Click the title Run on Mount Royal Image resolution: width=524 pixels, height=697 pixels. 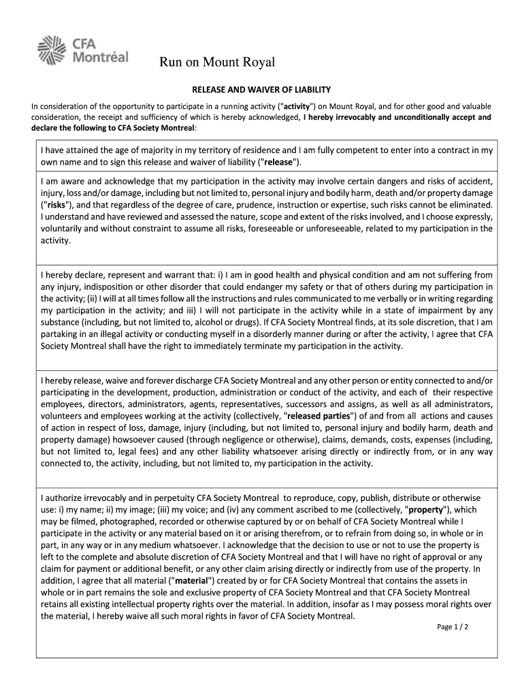tap(217, 63)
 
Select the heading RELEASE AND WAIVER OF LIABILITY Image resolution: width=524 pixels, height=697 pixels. tap(261, 89)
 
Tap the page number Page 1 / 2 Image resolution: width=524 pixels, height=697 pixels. tap(453, 627)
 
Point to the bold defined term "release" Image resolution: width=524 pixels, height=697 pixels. tap(279, 161)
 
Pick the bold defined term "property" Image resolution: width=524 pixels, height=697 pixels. tap(425, 509)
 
